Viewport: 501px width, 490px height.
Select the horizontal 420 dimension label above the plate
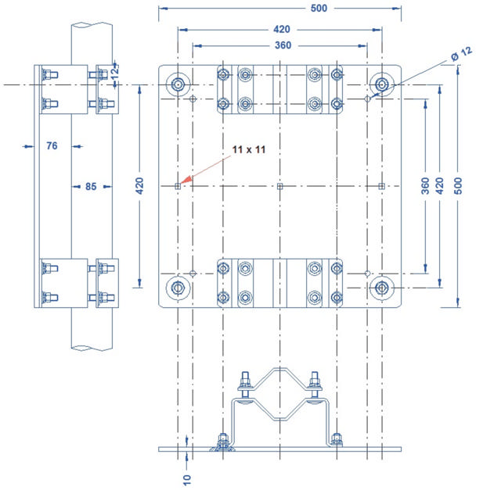coord(281,29)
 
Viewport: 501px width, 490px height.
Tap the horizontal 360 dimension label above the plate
coord(283,45)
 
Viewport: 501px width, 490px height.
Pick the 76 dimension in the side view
coord(52,145)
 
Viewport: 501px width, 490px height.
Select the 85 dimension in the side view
coord(90,186)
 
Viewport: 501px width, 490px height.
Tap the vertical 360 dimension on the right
coord(424,185)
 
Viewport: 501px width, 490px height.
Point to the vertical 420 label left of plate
coord(139,186)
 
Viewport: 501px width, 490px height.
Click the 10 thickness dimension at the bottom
coord(187,477)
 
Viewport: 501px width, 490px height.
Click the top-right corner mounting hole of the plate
coord(382,84)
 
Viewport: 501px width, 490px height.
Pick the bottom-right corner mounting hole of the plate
coord(382,288)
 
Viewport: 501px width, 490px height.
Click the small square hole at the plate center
coord(280,186)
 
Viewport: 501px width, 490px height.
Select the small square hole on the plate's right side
coord(382,186)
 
